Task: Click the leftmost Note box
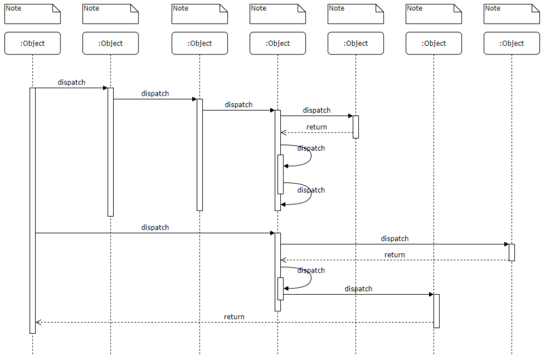32,14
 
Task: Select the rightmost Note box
511,14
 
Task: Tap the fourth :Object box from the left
277,43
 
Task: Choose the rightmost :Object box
511,43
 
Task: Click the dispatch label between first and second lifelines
71,82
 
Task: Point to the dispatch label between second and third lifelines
155,93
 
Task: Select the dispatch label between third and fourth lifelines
238,104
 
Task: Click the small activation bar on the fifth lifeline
355,126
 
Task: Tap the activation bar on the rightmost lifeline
511,252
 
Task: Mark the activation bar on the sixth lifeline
436,311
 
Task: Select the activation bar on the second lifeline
110,152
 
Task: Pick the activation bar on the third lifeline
199,154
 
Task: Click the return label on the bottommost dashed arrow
234,317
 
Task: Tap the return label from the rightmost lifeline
394,255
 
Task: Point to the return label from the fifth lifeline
316,127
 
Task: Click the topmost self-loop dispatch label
311,148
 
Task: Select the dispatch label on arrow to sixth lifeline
358,289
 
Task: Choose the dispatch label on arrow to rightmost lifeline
394,239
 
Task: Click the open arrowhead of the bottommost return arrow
37,322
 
